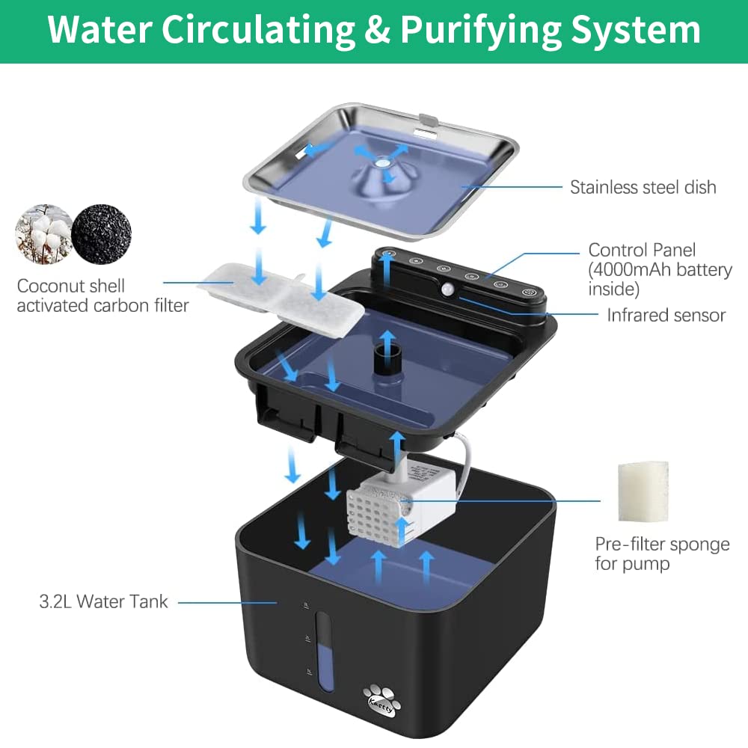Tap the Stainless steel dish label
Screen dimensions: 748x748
click(x=643, y=187)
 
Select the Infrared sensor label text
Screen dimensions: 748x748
click(x=666, y=315)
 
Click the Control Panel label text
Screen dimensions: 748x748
click(x=642, y=250)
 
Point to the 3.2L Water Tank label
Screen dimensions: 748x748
click(x=103, y=601)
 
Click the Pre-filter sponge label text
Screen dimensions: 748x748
click(x=662, y=544)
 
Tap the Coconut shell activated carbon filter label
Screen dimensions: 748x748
click(x=102, y=295)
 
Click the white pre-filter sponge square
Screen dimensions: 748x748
click(x=643, y=491)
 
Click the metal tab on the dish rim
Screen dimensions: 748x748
click(x=429, y=119)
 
